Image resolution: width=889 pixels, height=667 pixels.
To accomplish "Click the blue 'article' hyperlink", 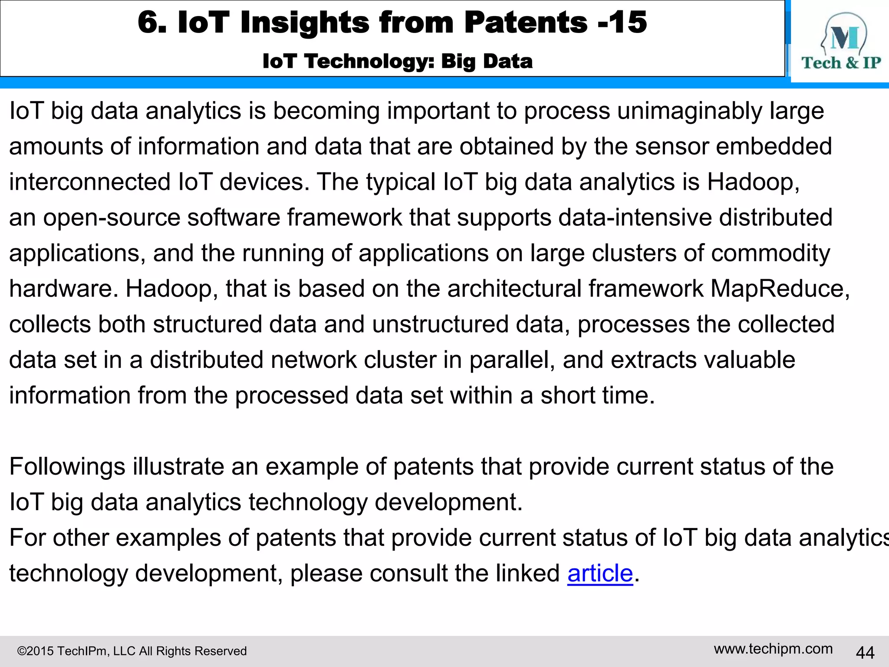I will pyautogui.click(x=600, y=573).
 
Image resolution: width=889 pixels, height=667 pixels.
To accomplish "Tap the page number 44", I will pyautogui.click(x=865, y=652).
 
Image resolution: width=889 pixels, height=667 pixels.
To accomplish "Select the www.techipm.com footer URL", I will pyautogui.click(x=773, y=649).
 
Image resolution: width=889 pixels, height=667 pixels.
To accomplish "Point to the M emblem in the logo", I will pyautogui.click(x=844, y=38).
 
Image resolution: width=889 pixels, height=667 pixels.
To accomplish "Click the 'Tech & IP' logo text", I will pyautogui.click(x=841, y=63).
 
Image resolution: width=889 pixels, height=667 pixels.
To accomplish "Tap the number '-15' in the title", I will pyautogui.click(x=622, y=22).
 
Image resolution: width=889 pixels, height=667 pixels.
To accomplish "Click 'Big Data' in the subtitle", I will pyautogui.click(x=487, y=61).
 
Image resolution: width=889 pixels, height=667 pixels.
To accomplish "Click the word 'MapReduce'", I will pyautogui.click(x=778, y=289).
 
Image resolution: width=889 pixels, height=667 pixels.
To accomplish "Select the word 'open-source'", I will pyautogui.click(x=112, y=218).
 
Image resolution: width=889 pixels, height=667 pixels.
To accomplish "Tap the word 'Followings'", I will pyautogui.click(x=67, y=467).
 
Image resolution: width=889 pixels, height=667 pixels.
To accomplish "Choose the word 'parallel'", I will pyautogui.click(x=511, y=360).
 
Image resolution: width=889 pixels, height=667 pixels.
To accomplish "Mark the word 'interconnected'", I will pyautogui.click(x=90, y=182).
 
